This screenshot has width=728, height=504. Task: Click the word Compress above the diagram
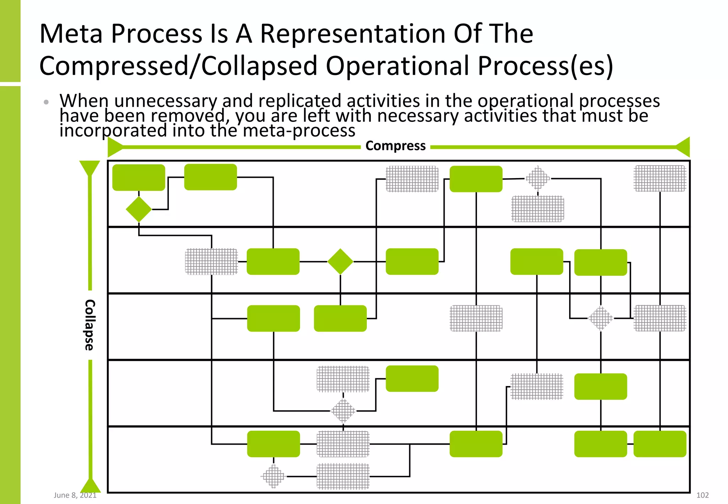pos(395,146)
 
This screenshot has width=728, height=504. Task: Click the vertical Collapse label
pos(89,325)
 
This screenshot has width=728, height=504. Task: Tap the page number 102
pos(702,495)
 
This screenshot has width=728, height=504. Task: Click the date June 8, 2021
pos(75,495)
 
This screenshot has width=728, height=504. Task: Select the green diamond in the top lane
pos(139,209)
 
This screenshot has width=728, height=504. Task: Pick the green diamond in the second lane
pos(340,262)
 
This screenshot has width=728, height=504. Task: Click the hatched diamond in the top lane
pos(537,178)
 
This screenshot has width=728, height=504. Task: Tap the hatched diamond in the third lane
pos(600,318)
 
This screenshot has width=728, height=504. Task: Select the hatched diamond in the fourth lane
pos(343,411)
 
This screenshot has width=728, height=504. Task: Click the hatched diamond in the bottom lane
pos(273,476)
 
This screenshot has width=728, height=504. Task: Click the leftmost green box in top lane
pos(139,177)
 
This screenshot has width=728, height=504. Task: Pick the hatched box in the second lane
pos(211,262)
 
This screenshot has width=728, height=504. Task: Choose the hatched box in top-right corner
pos(660,178)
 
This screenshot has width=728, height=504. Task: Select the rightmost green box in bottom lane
pos(660,444)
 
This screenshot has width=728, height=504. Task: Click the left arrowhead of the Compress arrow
pos(114,147)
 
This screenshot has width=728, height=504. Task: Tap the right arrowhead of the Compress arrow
pos(683,147)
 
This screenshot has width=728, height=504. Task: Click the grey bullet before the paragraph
pos(46,102)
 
